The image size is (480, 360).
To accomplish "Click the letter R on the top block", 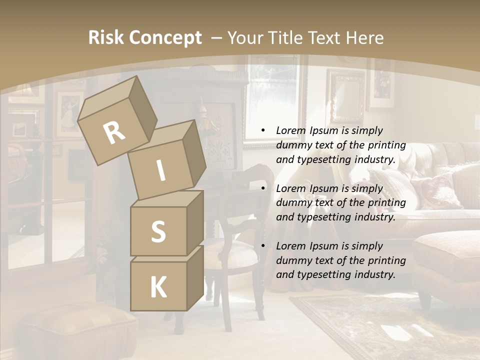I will coord(114,133).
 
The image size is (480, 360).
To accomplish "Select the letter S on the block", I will coord(158,232).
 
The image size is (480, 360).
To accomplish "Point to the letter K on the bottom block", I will coord(158,287).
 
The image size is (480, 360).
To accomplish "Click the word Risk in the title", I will coord(106,37).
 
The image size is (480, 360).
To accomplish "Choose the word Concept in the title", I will coord(165,38).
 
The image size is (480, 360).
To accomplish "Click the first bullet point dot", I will coord(263,130).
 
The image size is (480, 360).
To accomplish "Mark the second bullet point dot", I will coord(263,188).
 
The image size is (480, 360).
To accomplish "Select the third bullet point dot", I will coord(263,246).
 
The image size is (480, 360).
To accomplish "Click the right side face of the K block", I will coord(195,277).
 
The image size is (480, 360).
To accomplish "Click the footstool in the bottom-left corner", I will coord(75,330).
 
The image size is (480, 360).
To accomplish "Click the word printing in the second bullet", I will coord(386,203).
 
